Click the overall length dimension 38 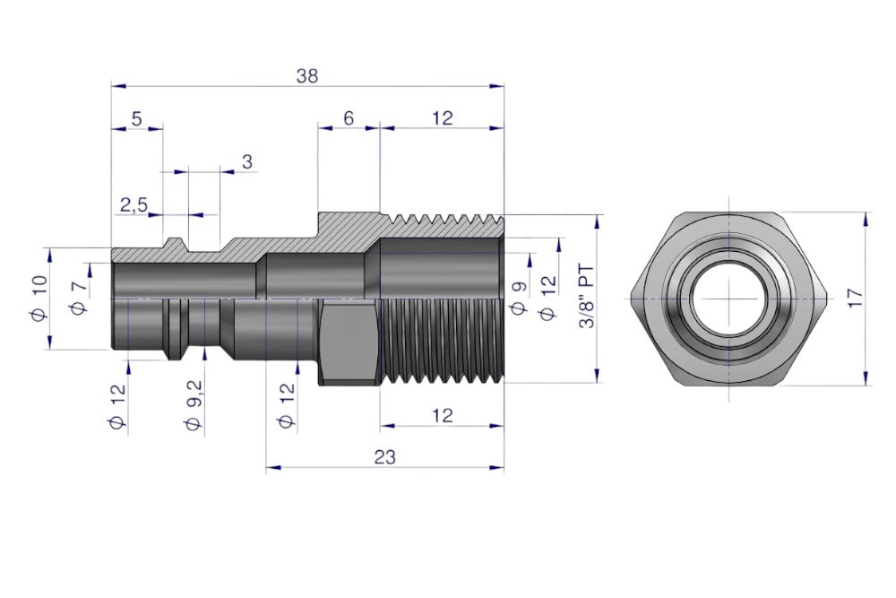306,75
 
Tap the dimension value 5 136,119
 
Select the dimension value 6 349,118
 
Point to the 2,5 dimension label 134,204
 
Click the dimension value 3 247,161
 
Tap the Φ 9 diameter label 519,298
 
